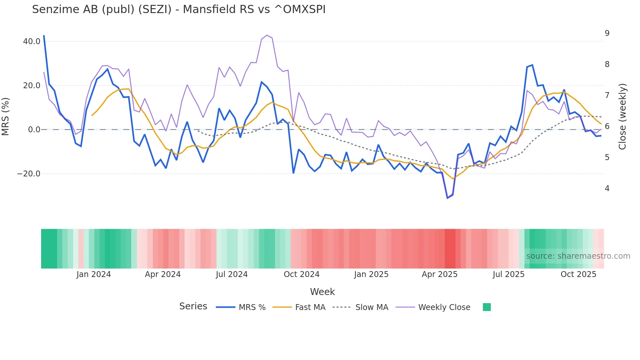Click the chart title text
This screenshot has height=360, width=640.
179,9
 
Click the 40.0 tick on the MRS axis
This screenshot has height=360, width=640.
32,41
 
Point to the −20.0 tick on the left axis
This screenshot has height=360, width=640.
29,174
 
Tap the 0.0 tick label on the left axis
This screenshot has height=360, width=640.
34,130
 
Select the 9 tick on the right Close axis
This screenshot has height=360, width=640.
607,33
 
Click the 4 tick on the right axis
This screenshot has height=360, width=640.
607,188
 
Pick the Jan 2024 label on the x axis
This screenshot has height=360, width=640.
94,274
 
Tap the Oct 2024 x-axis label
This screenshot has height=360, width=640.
301,274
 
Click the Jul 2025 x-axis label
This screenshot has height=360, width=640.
508,274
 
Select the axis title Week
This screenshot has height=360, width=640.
322,292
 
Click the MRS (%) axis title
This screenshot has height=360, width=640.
6,116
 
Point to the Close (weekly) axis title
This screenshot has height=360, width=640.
622,116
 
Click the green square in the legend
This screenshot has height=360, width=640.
487,307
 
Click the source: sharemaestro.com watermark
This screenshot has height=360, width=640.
578,256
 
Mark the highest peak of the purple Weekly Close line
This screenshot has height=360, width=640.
267,35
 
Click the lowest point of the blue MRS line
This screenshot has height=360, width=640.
447,198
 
